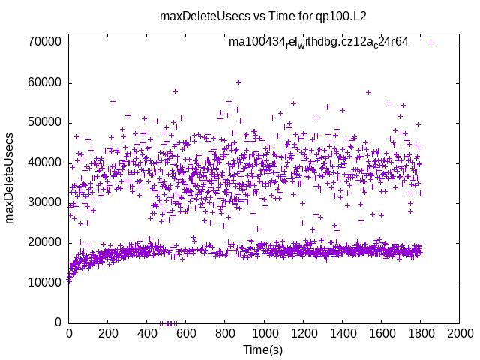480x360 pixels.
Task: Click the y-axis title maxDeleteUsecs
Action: pos(10,177)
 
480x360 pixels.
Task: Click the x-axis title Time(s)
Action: pos(263,350)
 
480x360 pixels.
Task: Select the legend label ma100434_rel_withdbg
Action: pos(318,43)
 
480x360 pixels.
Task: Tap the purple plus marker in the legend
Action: pos(430,43)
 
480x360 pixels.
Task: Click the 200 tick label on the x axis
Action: pos(108,334)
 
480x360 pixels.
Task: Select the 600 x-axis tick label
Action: pos(186,334)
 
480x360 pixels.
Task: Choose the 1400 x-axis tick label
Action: pos(342,334)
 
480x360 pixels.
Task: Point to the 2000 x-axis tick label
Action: pos(459,334)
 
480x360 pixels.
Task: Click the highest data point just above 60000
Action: pos(238,82)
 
